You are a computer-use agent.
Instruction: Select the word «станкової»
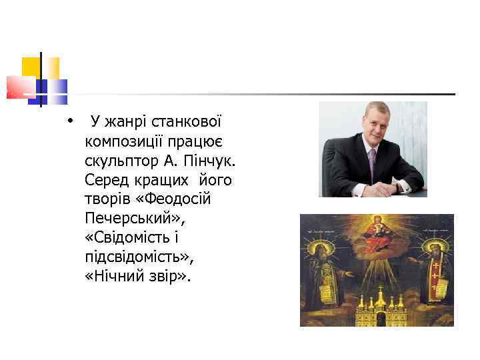click(186, 122)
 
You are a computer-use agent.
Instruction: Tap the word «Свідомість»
click(137, 238)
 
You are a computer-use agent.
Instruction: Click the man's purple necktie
click(371, 163)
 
